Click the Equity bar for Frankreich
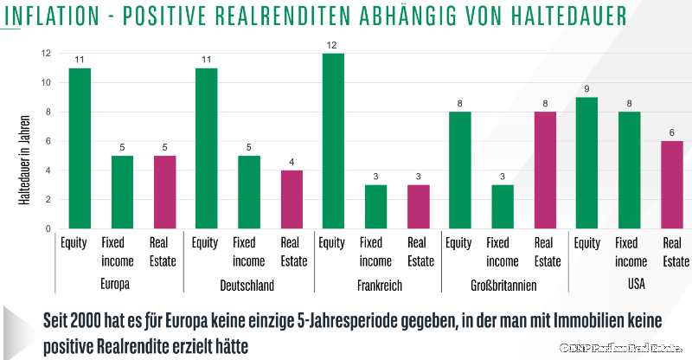pos(333,141)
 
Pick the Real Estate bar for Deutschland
pos(292,199)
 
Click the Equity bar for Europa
pos(80,148)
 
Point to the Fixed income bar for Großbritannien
pos(502,207)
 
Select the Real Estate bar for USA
pos(671,184)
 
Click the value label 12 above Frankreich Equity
pos(333,44)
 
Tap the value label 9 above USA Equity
pos(586,88)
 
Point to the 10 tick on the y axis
pos(46,83)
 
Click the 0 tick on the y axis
pos(48,229)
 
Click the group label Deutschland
pos(248,286)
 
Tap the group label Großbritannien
pos(502,286)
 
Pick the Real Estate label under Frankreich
pos(420,252)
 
